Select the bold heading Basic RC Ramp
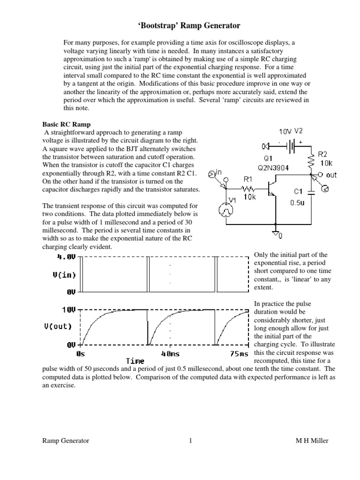pos(63,125)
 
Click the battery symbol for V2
pos(292,145)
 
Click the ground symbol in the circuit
pos(277,232)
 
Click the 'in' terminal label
pos(218,173)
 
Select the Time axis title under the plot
pos(135,361)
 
